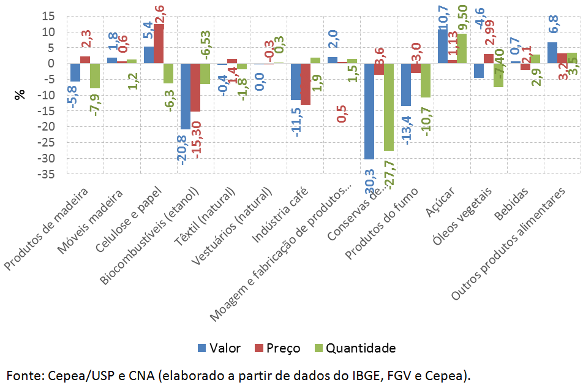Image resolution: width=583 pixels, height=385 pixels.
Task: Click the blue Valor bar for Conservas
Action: (369, 111)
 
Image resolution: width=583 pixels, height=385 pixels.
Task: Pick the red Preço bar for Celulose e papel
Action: (159, 44)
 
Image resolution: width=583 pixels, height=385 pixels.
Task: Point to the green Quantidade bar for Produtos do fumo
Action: (426, 80)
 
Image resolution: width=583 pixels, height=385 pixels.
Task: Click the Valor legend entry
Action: (219, 348)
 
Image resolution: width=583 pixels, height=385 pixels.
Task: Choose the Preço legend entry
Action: (277, 348)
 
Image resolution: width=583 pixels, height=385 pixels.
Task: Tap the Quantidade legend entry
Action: (354, 348)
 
